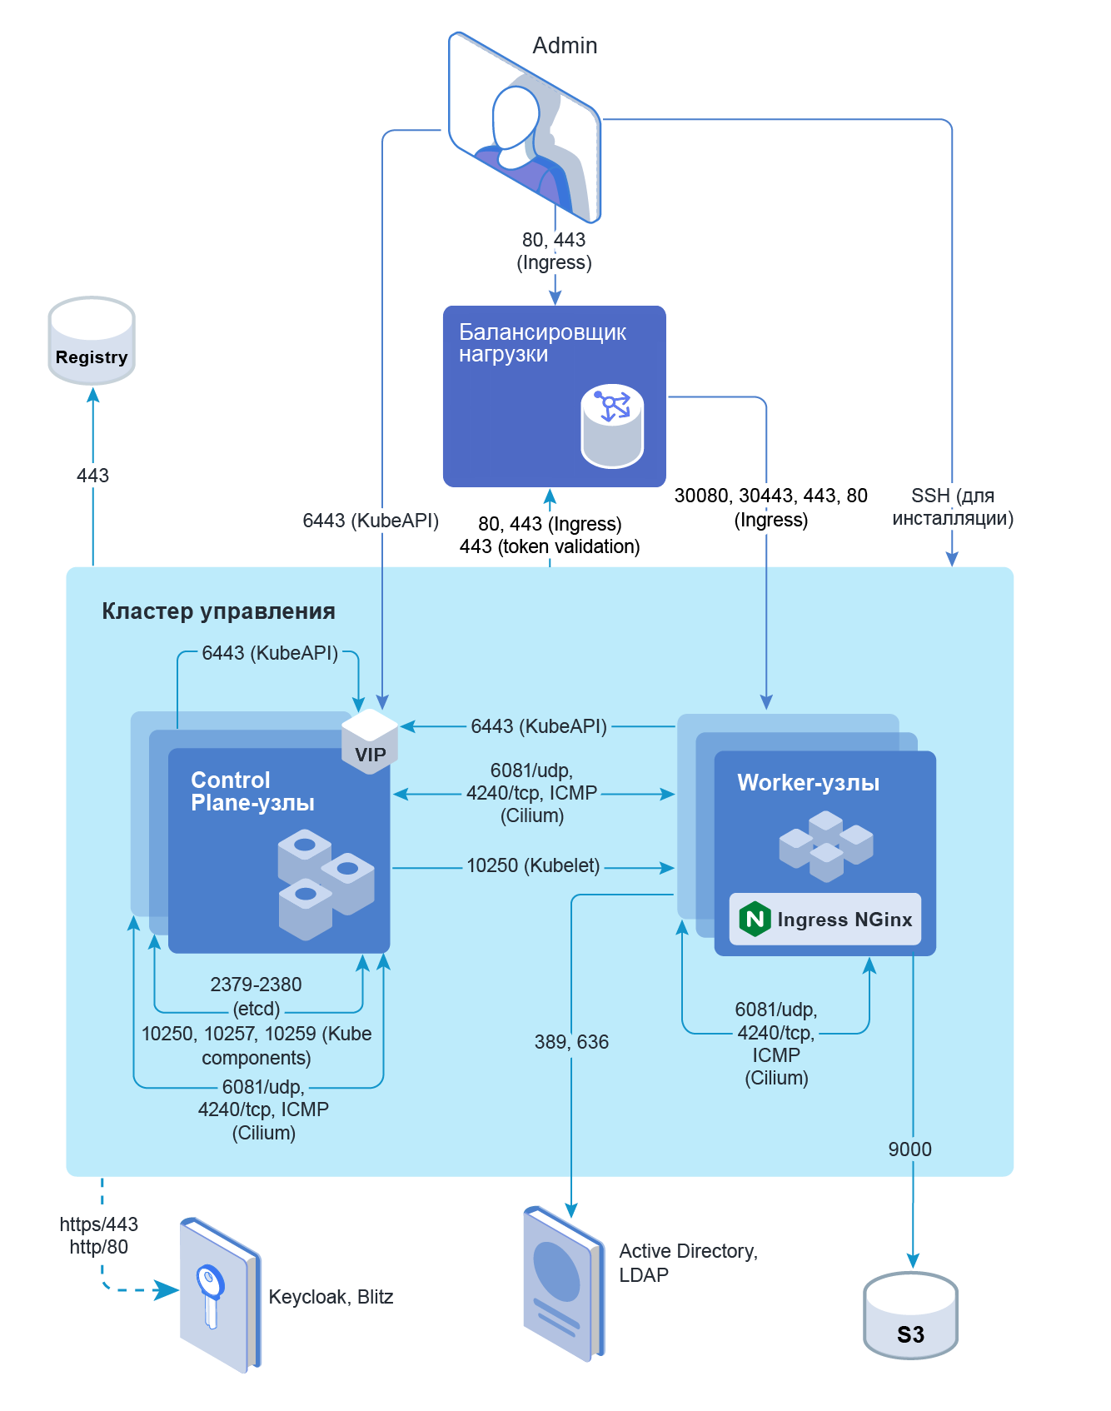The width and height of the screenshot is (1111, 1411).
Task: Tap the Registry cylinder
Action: click(x=92, y=342)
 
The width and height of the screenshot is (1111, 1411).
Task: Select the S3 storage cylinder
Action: click(x=910, y=1316)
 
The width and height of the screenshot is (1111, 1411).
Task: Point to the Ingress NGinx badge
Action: click(x=825, y=920)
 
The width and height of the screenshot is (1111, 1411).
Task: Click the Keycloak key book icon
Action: click(x=219, y=1295)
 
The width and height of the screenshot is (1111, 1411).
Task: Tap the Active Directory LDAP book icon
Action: click(x=563, y=1283)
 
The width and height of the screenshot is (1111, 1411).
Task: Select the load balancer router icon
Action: click(x=612, y=426)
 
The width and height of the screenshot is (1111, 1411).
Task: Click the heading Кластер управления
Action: click(x=218, y=611)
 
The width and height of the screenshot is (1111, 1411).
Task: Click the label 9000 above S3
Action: click(x=909, y=1149)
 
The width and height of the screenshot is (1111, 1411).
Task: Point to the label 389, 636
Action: click(x=571, y=1042)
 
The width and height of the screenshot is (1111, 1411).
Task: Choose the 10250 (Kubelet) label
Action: click(x=533, y=865)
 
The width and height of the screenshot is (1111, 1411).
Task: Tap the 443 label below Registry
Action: click(x=92, y=476)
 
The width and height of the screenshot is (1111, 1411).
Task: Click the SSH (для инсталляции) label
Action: click(x=953, y=507)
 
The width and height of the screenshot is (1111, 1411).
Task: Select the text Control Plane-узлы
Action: click(x=252, y=791)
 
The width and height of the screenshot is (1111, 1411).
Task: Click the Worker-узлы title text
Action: click(x=808, y=783)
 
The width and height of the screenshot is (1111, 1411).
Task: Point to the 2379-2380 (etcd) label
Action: click(x=256, y=996)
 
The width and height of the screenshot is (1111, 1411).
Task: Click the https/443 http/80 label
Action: click(x=98, y=1235)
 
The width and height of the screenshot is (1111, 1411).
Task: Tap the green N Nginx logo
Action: click(x=755, y=920)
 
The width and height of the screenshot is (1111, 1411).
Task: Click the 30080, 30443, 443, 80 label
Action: click(x=770, y=496)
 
